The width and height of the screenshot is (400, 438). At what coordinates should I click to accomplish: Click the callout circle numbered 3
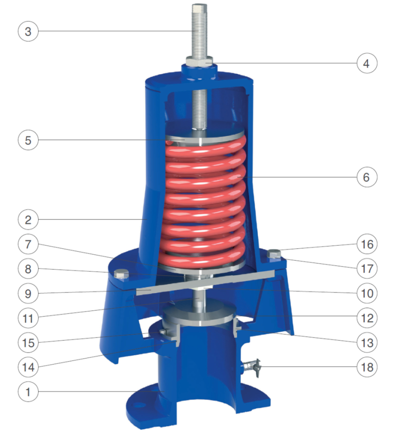[28, 31]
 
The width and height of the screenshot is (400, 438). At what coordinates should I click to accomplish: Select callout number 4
[367, 63]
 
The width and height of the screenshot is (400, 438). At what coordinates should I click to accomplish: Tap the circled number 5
[28, 140]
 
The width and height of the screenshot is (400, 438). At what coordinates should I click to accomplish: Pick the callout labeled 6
[367, 177]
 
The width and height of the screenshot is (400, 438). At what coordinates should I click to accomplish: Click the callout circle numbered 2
[28, 220]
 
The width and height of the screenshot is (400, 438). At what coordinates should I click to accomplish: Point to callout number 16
[367, 244]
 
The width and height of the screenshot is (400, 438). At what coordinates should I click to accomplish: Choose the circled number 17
[367, 268]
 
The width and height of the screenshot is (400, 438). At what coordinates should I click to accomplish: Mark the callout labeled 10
[367, 293]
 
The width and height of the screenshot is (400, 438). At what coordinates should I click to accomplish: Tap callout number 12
[367, 318]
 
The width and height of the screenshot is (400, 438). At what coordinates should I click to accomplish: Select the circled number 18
[367, 367]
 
